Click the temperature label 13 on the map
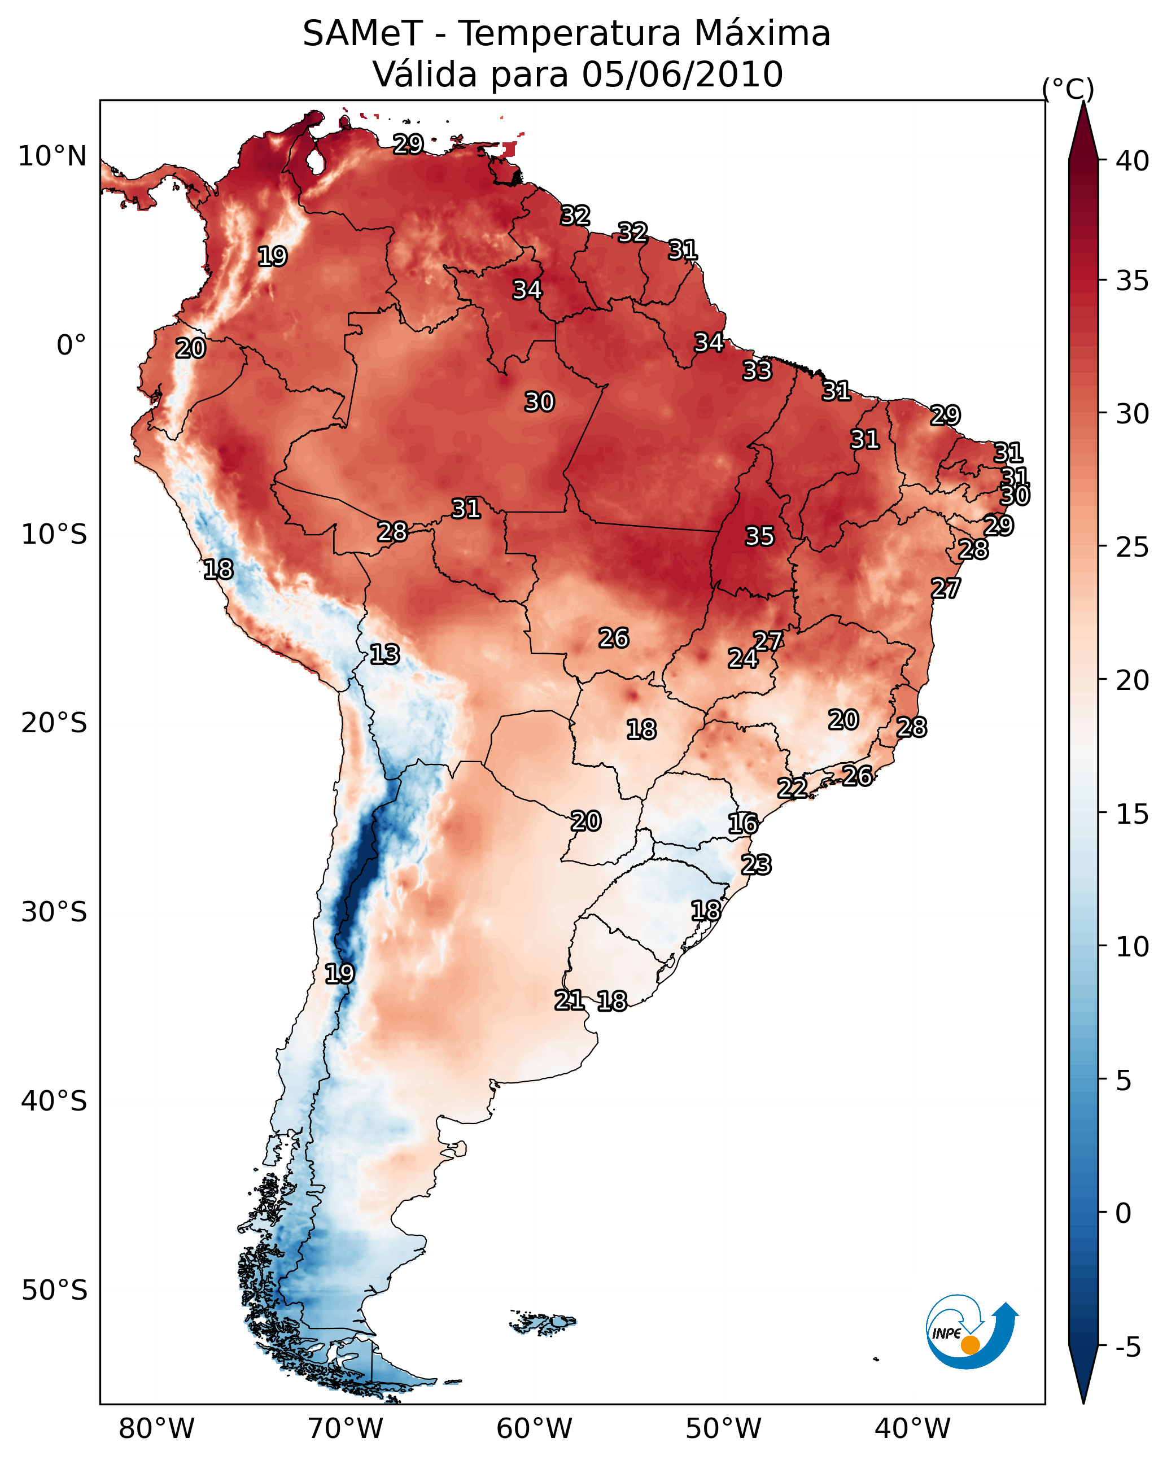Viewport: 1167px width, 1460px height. [384, 655]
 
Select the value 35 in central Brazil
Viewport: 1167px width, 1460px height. [759, 536]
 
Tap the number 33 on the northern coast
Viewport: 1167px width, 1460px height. [757, 371]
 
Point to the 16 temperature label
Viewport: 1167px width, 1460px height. [742, 824]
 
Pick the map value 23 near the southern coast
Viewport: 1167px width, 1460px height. [756, 865]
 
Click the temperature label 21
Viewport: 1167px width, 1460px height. [569, 1000]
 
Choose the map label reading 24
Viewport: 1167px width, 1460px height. [742, 658]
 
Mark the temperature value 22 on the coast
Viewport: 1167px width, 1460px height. [792, 788]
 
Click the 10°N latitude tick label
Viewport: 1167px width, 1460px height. [52, 156]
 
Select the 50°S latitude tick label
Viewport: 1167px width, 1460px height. [54, 1291]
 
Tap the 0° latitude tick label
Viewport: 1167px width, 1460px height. [71, 346]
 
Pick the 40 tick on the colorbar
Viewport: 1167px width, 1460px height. [1133, 161]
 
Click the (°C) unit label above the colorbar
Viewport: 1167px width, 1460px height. [1068, 89]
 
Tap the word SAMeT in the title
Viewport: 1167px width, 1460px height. [362, 34]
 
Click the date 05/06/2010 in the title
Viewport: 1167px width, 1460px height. [682, 75]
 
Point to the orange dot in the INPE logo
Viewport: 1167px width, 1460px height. [970, 1345]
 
